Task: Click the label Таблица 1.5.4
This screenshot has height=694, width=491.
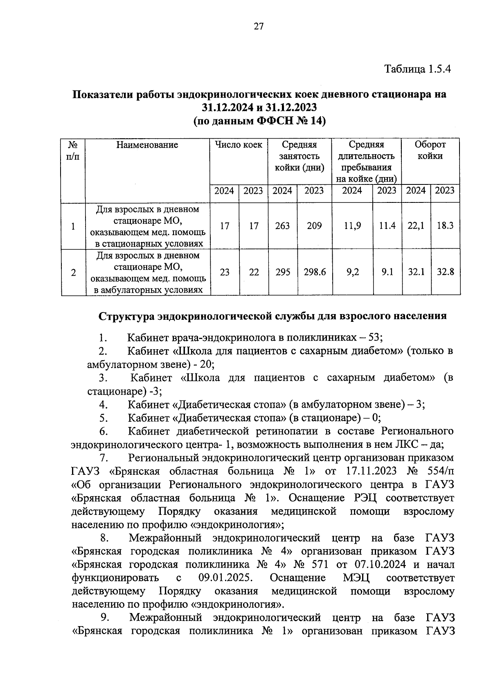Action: [417, 69]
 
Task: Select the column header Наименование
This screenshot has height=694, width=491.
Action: [147, 145]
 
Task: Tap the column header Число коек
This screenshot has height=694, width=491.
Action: [239, 145]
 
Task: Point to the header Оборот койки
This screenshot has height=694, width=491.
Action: [430, 150]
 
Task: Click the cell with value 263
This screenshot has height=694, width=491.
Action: [282, 226]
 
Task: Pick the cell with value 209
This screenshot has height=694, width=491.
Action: [314, 226]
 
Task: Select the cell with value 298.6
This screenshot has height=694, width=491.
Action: [315, 272]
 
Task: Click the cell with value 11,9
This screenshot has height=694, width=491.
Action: [352, 226]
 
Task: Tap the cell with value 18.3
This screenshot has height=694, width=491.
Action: [445, 226]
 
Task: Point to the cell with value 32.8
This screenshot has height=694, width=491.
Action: [445, 272]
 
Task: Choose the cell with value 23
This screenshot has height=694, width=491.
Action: [225, 272]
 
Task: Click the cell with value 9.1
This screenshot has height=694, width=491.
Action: [387, 272]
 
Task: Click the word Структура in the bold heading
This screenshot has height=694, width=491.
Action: [127, 316]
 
